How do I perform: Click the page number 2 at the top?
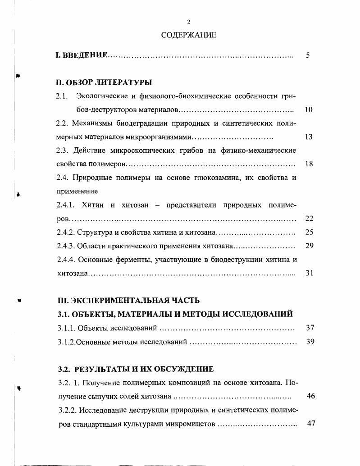click(189, 22)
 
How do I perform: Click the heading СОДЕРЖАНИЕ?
click(188, 35)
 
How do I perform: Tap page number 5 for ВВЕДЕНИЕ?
click(308, 55)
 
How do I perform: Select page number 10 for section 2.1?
click(309, 110)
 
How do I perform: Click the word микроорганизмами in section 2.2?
click(164, 137)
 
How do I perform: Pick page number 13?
click(309, 137)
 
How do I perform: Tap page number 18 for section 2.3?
click(309, 164)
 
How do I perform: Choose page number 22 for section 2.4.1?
click(309, 219)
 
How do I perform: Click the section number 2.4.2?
click(66, 233)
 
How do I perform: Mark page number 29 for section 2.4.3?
click(309, 246)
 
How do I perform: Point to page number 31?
click(309, 273)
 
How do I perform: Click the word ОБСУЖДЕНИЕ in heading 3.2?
click(182, 369)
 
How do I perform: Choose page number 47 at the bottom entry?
click(310, 424)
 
